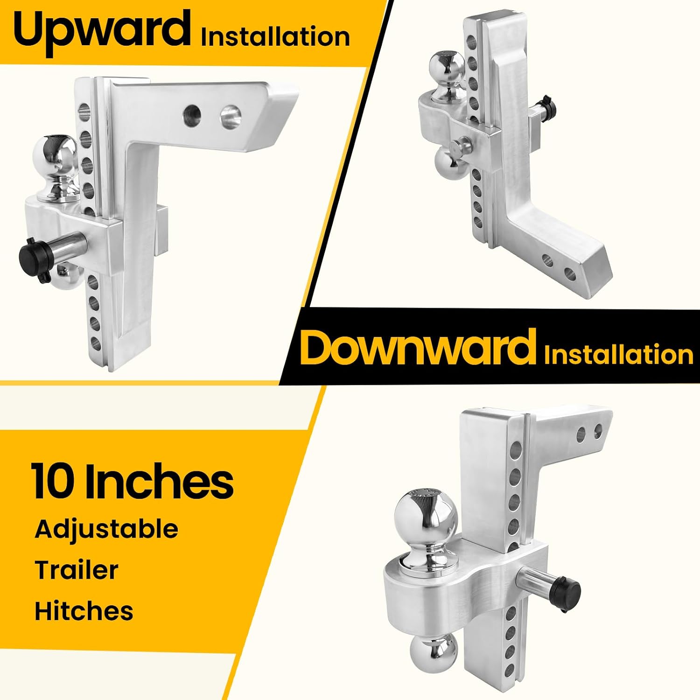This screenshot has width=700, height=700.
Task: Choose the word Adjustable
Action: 106,530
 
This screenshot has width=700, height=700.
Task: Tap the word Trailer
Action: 77,570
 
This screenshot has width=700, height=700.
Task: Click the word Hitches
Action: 84,611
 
